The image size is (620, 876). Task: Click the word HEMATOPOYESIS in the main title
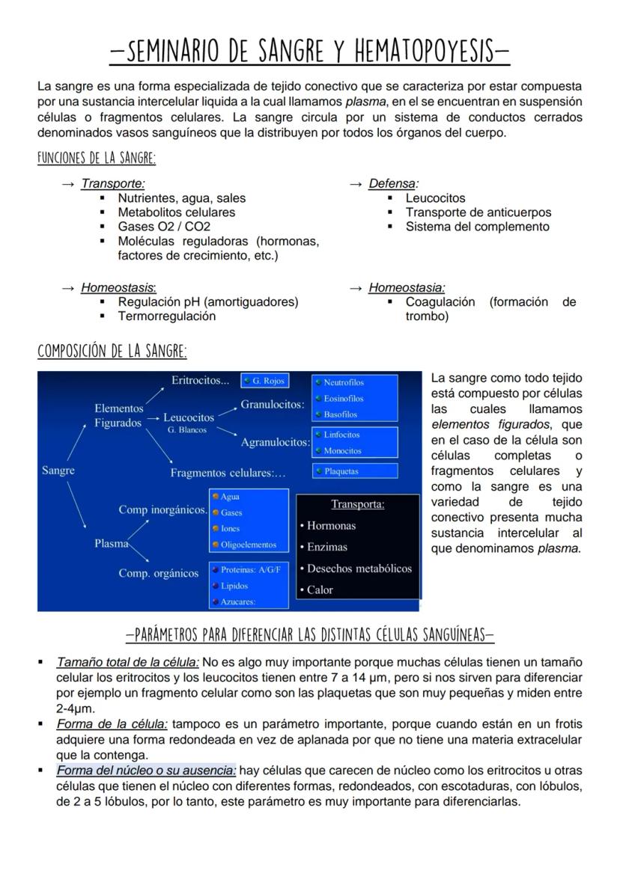[422, 52]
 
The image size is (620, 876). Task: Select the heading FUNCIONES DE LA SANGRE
[97, 159]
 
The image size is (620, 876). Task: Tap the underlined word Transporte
[112, 183]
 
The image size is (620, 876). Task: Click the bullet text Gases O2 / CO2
[164, 227]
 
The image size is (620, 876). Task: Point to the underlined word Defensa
[392, 183]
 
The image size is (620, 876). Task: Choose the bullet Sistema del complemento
[477, 227]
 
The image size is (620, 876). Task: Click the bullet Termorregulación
[166, 316]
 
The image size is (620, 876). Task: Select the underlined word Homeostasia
[406, 288]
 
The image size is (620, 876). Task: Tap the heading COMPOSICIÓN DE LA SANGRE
[112, 352]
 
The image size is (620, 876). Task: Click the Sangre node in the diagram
[58, 471]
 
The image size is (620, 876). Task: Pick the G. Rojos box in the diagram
[265, 381]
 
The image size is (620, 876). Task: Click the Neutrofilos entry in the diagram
[343, 383]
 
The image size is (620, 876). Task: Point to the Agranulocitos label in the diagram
[275, 443]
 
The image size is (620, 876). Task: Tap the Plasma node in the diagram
[111, 544]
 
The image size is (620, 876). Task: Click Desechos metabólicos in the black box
[359, 569]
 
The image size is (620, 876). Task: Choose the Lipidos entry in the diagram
[234, 586]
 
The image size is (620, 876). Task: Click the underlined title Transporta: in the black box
[357, 504]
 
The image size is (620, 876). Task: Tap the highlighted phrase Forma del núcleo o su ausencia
[146, 771]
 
